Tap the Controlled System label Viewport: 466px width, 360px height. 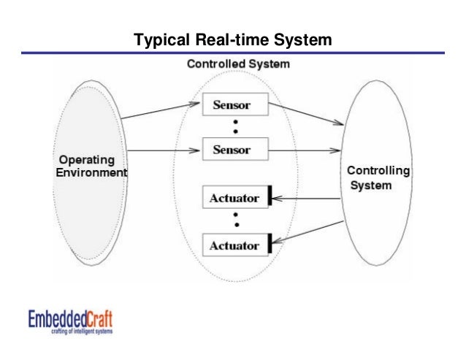(x=238, y=64)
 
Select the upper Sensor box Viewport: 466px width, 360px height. (x=232, y=105)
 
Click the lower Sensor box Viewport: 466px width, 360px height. (x=232, y=150)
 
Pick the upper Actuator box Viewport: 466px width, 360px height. (x=234, y=197)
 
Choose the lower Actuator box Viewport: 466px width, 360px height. (x=234, y=246)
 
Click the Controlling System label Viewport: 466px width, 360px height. (x=378, y=178)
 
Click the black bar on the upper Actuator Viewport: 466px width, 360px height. (x=270, y=196)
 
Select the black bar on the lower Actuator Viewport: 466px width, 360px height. (x=270, y=244)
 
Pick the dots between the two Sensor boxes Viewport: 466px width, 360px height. (x=235, y=127)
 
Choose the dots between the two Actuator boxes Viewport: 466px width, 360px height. (x=235, y=221)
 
